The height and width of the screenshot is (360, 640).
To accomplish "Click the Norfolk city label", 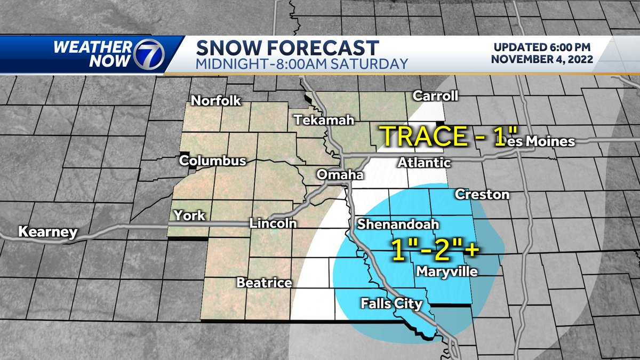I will click(216, 101).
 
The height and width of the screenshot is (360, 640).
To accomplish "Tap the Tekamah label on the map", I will click(325, 121).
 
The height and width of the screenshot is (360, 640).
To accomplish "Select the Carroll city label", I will click(436, 96).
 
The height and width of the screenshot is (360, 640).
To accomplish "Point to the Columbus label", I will click(213, 161).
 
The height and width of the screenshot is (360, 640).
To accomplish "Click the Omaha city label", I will click(340, 175).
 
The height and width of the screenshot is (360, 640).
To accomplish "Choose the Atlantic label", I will click(425, 163).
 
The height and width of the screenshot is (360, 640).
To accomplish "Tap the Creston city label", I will click(482, 195).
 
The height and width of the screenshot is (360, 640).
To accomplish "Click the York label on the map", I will click(189, 216).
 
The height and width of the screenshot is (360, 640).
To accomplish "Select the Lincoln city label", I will click(273, 223).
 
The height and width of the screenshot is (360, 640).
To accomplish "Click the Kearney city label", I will click(47, 232).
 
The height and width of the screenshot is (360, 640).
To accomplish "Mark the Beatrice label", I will click(264, 283).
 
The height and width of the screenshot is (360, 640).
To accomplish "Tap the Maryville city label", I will click(446, 272).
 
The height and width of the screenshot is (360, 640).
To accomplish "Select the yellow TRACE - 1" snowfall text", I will click(443, 137).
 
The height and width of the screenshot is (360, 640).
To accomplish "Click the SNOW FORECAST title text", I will click(287, 47).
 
